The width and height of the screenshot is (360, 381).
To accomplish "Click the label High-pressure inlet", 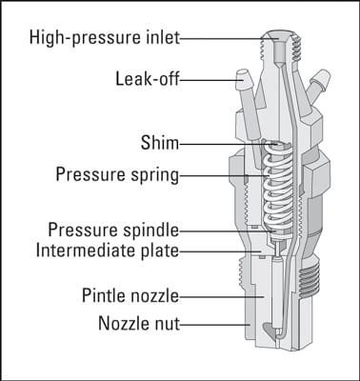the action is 105,38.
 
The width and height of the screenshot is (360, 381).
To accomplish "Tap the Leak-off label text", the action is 148,79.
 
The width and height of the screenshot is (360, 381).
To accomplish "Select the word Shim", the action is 160,143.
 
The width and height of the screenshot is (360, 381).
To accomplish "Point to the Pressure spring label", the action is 117,174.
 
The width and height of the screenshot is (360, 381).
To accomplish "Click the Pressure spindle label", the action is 113,230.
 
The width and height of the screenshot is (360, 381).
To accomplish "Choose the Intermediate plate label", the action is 108,251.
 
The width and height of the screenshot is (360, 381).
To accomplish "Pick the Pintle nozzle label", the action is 130,295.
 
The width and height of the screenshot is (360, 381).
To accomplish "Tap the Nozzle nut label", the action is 139,323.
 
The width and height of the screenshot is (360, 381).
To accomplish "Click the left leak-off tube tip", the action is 242,77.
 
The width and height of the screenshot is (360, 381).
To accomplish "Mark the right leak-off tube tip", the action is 323,76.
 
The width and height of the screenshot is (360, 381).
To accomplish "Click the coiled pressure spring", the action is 277,189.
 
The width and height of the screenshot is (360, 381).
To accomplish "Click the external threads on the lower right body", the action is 310,280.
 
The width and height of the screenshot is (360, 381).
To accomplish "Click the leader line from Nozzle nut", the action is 214,325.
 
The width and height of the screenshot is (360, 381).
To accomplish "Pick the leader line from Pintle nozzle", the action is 222,297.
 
